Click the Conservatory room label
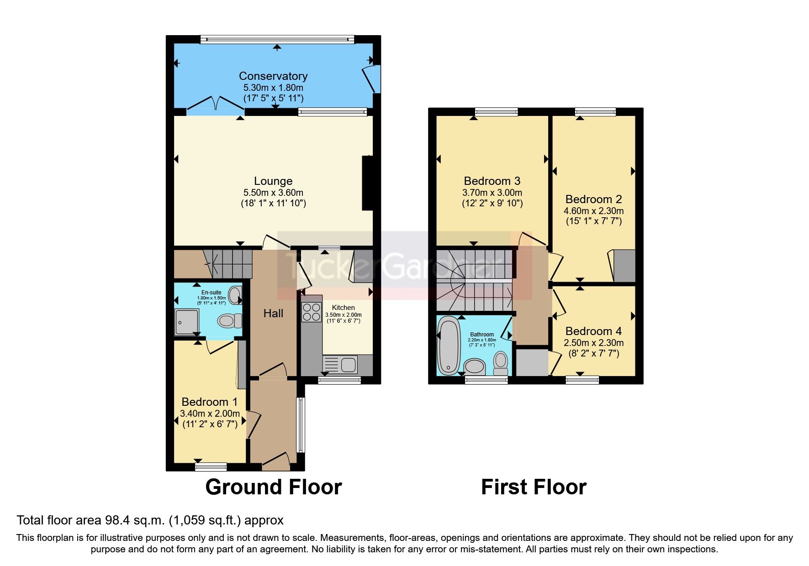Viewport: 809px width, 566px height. tap(273, 76)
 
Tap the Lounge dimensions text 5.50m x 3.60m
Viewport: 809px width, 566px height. tap(273, 193)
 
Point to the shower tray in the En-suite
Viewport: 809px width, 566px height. tap(187, 322)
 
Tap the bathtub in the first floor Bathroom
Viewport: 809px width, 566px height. tap(449, 346)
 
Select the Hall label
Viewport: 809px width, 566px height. tap(273, 314)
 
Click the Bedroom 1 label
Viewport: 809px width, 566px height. tap(210, 402)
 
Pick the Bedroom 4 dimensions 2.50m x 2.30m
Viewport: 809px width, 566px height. tap(593, 343)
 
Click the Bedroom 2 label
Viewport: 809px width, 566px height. tap(593, 199)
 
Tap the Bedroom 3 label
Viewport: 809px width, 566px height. tap(492, 181)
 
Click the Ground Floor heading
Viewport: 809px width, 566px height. tap(273, 487)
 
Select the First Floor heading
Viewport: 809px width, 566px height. tap(534, 487)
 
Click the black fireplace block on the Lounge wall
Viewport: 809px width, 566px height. tap(367, 183)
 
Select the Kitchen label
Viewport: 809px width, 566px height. tap(343, 308)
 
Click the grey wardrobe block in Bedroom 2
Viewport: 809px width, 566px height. tap(624, 266)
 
